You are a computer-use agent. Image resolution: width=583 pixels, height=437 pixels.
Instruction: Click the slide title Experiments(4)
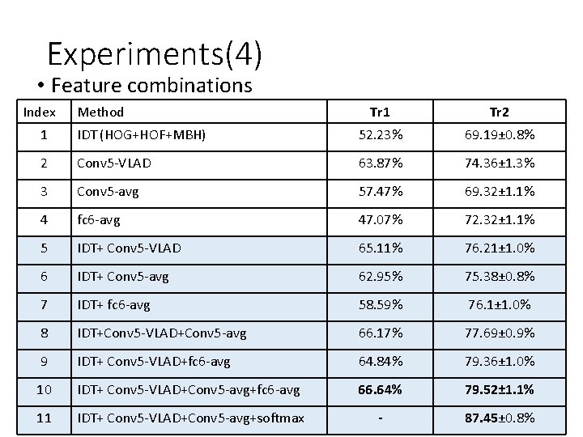pos(154,54)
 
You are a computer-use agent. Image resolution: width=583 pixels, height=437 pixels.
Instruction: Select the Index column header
pos(40,112)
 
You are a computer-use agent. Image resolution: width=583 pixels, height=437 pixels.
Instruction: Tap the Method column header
pos(100,112)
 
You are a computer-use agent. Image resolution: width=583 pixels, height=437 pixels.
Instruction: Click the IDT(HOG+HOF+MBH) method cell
pos(140,135)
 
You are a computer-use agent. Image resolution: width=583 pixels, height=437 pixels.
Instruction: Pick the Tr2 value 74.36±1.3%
pos(496,163)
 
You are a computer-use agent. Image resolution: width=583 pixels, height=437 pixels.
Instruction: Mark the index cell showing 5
pos(45,248)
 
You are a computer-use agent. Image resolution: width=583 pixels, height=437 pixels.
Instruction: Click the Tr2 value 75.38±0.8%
pos(496,277)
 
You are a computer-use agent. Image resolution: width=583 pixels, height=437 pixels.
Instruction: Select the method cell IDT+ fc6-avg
pos(113,305)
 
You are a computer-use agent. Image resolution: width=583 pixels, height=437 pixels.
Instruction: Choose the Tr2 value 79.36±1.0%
pos(496,362)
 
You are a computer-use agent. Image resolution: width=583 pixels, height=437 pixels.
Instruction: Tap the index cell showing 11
pos(45,418)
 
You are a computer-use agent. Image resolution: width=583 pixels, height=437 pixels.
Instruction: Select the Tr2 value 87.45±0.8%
pos(496,418)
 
